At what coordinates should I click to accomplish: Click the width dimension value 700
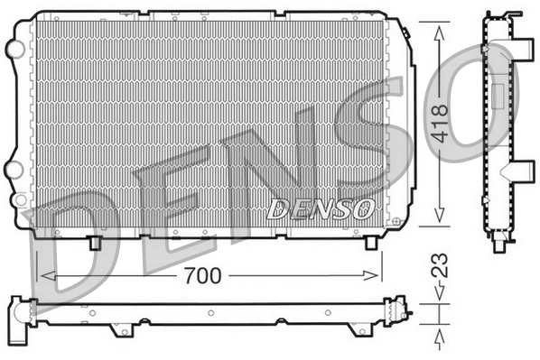[x=203, y=275]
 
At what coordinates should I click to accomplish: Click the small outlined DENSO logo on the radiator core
[x=321, y=208]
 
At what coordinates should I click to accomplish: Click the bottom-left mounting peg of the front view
[x=95, y=243]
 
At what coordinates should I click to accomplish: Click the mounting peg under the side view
[x=500, y=241]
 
